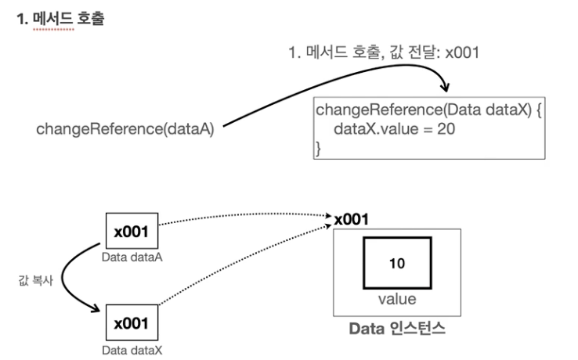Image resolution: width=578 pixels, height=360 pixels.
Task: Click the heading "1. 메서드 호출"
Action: click(60, 16)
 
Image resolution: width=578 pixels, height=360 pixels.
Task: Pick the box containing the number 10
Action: click(396, 264)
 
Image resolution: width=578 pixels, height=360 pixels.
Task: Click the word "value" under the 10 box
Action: click(396, 298)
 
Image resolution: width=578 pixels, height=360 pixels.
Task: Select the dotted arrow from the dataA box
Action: click(243, 217)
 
